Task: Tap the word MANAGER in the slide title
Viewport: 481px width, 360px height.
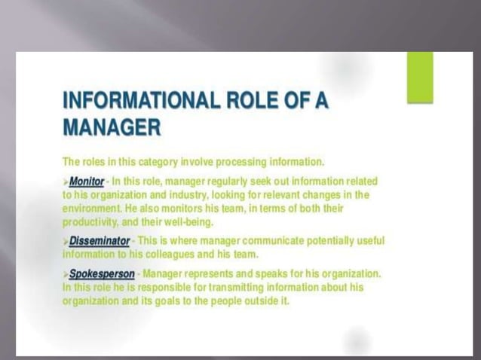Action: tap(112, 128)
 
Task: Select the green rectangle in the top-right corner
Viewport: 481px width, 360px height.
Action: tap(420, 78)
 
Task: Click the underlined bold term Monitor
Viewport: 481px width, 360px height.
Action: tap(87, 182)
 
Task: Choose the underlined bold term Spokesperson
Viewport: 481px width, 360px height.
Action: tap(102, 273)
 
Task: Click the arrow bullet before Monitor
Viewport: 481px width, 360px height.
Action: tap(66, 182)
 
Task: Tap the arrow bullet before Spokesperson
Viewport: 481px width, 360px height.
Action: tap(66, 273)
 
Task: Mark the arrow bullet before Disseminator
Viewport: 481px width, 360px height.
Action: tap(66, 241)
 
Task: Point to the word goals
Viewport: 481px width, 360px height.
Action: tap(180, 301)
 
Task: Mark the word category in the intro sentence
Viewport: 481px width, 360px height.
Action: tap(148, 161)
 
